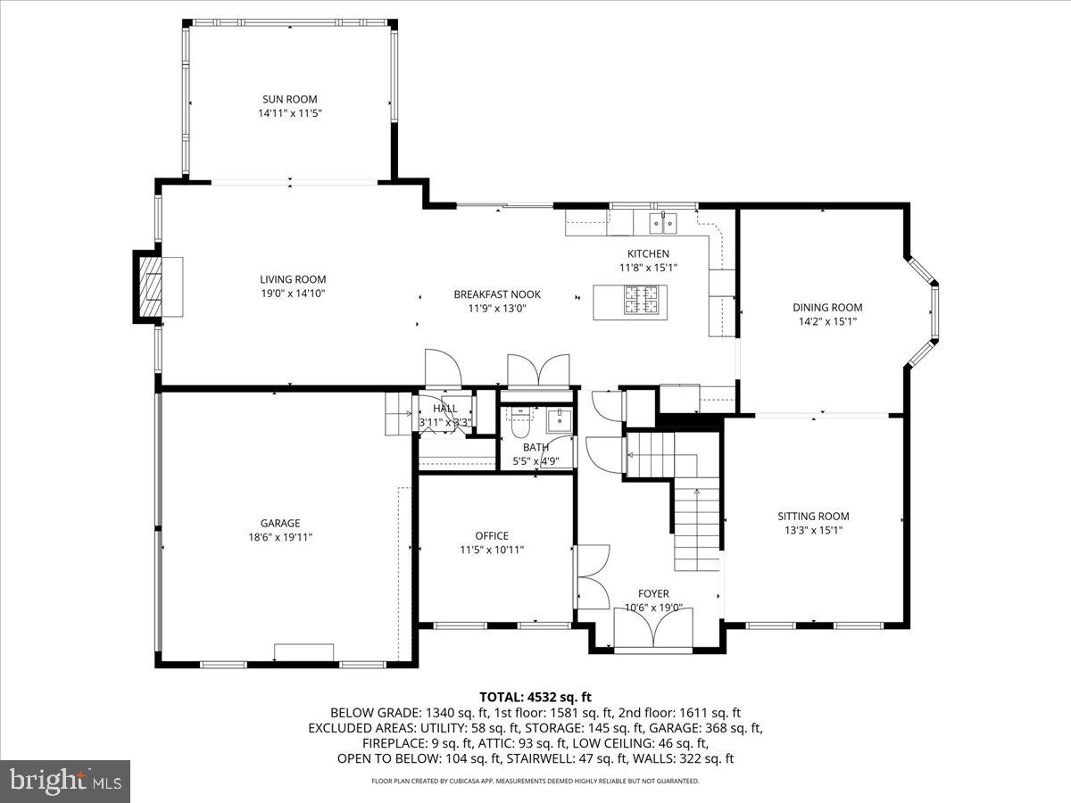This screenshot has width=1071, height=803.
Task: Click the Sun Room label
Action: [x=289, y=99]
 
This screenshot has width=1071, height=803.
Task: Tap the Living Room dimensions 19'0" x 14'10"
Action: [x=286, y=294]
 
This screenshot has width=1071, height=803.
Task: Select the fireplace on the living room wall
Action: [x=150, y=286]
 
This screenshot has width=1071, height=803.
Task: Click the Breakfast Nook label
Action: [x=496, y=294]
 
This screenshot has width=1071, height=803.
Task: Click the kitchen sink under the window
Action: [x=663, y=220]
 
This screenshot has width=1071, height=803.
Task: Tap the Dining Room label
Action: [x=827, y=308]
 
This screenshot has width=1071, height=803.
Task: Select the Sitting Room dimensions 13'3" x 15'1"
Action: [x=813, y=530]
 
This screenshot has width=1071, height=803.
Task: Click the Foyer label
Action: [x=652, y=593]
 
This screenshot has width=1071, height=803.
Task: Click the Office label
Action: [x=492, y=535]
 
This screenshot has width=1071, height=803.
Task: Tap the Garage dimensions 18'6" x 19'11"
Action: [x=280, y=537]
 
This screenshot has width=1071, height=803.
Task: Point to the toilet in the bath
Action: [x=519, y=418]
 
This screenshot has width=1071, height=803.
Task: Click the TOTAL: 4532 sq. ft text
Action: [x=535, y=697]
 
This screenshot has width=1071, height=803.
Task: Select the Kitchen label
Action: [x=648, y=254]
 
